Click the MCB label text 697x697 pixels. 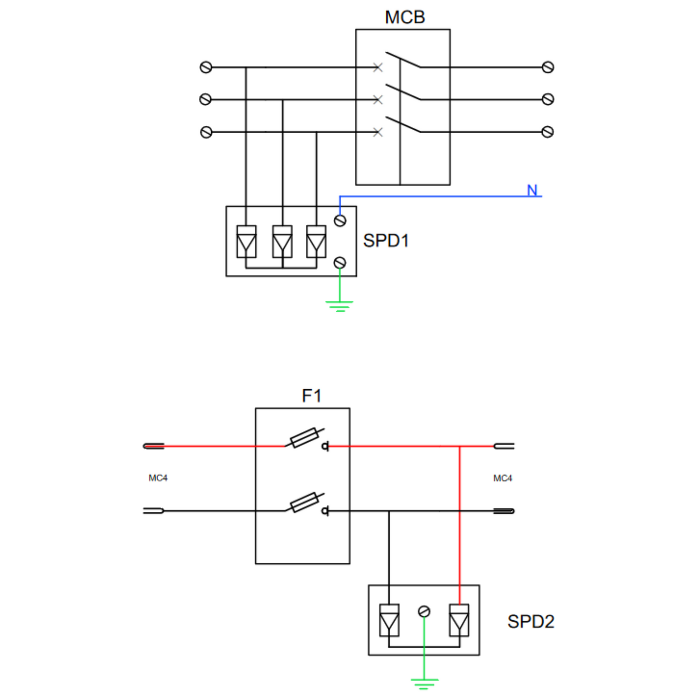(x=404, y=17)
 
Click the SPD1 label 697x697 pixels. (x=385, y=240)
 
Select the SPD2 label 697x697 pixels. (x=531, y=621)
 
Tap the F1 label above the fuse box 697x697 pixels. (x=311, y=396)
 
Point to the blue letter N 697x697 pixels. (x=532, y=190)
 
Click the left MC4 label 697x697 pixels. (x=158, y=478)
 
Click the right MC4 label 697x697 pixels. (x=502, y=478)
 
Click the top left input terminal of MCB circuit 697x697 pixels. (x=206, y=68)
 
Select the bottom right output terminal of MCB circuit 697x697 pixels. (x=547, y=132)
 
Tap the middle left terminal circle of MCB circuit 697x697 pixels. (x=205, y=99)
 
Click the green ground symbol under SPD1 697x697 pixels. (x=340, y=306)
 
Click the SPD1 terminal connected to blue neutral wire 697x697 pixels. (x=340, y=220)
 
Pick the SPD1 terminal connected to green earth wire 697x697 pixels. (x=340, y=262)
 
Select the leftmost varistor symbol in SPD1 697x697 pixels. (x=246, y=242)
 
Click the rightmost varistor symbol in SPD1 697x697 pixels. (x=316, y=242)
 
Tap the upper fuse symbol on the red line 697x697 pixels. (x=304, y=438)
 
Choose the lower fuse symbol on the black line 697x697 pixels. (x=304, y=503)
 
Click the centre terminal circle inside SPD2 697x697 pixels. (x=424, y=612)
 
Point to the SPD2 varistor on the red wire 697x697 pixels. (x=459, y=620)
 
